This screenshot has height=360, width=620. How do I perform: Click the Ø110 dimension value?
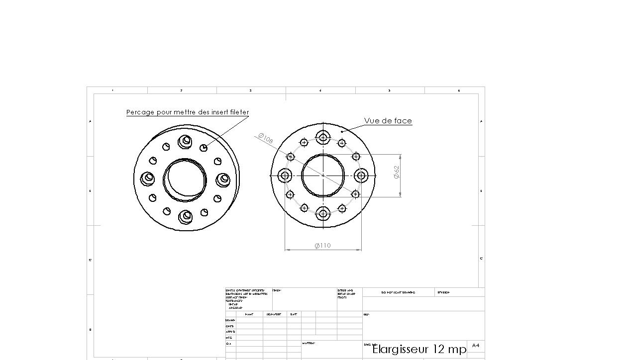(x=322, y=246)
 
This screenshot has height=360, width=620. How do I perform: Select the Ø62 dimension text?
(x=397, y=172)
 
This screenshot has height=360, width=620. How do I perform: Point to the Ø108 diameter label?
(x=266, y=138)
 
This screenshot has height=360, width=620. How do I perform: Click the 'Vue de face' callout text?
(x=388, y=121)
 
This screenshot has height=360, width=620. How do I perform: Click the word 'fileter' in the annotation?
(x=240, y=112)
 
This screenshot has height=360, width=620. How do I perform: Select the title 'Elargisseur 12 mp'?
(x=419, y=349)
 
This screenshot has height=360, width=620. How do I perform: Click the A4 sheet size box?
(x=476, y=345)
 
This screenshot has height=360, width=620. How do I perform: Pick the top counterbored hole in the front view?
(x=323, y=137)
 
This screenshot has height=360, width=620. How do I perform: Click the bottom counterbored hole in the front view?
(x=323, y=214)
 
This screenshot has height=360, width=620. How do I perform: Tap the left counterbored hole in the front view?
(x=285, y=175)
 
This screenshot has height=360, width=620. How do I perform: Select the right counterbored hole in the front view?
(x=361, y=175)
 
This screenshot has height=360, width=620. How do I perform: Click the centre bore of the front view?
(x=323, y=175)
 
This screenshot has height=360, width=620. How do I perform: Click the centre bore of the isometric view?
(x=185, y=179)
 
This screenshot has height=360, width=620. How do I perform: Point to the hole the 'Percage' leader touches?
(x=204, y=148)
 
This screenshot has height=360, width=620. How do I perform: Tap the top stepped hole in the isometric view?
(x=186, y=141)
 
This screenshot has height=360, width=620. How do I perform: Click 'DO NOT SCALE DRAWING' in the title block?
(x=398, y=292)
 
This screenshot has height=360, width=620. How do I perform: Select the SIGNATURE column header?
(x=273, y=314)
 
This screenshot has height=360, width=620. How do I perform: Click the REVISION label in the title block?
(x=443, y=292)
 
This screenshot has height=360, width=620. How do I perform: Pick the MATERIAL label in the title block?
(x=309, y=343)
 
